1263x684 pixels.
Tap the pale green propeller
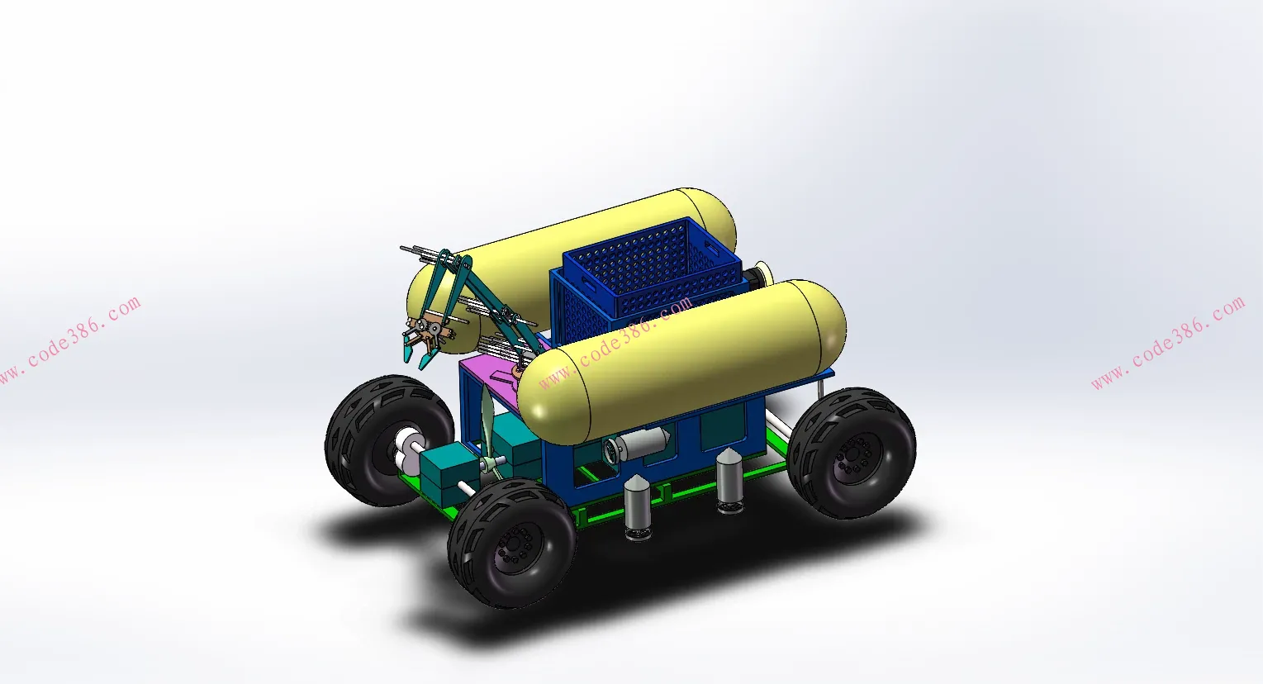pyautogui.click(x=489, y=435)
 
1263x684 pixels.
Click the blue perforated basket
pyautogui.click(x=645, y=280)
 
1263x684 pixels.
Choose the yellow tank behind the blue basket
pyautogui.click(x=569, y=265)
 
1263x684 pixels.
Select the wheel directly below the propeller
pyautogui.click(x=511, y=543)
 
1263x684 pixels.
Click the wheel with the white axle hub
pyautogui.click(x=388, y=440)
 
